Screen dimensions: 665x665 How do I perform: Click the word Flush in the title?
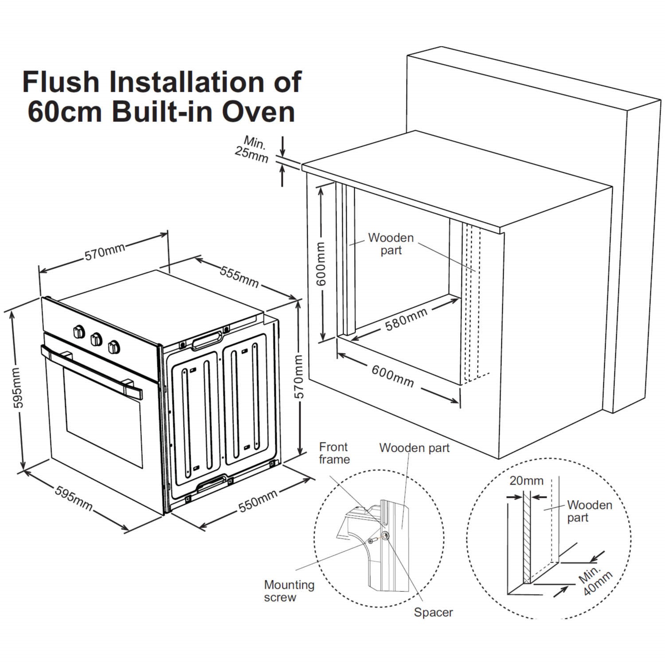[61, 82]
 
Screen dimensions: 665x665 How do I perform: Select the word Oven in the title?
[258, 112]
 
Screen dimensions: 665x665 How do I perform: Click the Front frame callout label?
[334, 453]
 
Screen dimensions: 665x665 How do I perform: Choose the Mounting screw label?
[289, 591]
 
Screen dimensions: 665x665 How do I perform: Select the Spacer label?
[433, 612]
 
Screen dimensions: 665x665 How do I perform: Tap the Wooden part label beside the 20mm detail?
[589, 511]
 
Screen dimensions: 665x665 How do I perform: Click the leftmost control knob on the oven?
[79, 332]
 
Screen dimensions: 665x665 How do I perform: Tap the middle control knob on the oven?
[96, 339]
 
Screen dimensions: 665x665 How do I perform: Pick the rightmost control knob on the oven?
[114, 346]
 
